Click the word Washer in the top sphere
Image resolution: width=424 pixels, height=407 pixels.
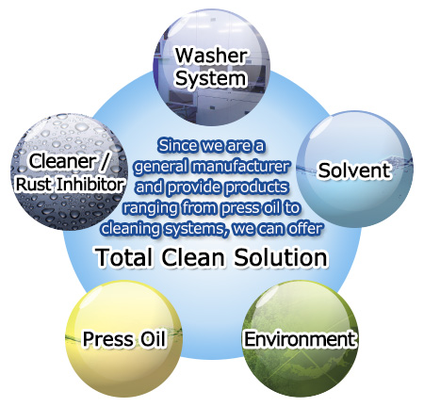coord(211,56)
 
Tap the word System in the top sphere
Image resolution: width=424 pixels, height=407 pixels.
coord(210,78)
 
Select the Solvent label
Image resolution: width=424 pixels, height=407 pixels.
coord(354,171)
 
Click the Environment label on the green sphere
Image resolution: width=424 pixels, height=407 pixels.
coord(301,339)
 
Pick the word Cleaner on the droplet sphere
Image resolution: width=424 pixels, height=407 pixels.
coord(62,161)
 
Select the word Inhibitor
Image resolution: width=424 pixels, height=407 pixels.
coord(86,184)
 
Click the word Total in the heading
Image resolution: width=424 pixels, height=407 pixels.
coord(124,257)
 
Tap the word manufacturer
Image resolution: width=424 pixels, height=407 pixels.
coord(241,167)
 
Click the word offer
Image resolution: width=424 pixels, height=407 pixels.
coord(305,229)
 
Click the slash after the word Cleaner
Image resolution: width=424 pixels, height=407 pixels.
coord(105,162)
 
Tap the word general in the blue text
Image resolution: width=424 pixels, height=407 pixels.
coord(161,167)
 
